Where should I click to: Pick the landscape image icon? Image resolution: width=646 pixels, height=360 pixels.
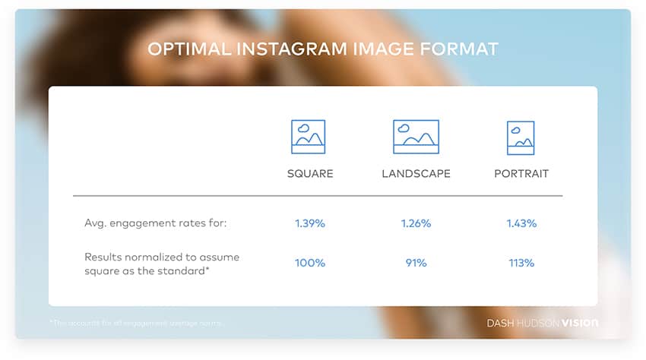pyautogui.click(x=416, y=137)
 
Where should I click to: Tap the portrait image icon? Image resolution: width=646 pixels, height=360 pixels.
pyautogui.click(x=521, y=137)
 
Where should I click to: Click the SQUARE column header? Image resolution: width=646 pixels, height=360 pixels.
pyautogui.click(x=310, y=174)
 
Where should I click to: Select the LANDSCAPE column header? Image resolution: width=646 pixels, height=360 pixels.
pyautogui.click(x=416, y=174)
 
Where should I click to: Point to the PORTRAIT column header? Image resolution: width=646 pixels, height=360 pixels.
pyautogui.click(x=521, y=174)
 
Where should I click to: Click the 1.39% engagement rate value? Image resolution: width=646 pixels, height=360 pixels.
pyautogui.click(x=310, y=223)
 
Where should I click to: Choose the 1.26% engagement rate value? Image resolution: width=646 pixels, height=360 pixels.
pyautogui.click(x=416, y=223)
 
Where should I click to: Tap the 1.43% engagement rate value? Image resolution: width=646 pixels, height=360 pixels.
pyautogui.click(x=521, y=223)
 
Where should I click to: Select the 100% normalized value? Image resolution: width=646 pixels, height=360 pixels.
pyautogui.click(x=310, y=263)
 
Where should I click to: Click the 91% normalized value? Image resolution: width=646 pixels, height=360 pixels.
pyautogui.click(x=416, y=263)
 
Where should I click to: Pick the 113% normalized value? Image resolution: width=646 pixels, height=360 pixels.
pyautogui.click(x=521, y=263)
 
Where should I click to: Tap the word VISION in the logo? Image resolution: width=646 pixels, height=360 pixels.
pyautogui.click(x=579, y=324)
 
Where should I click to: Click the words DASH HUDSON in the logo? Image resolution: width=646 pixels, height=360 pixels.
pyautogui.click(x=523, y=324)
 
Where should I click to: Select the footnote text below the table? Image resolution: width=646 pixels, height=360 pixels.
pyautogui.click(x=137, y=324)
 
